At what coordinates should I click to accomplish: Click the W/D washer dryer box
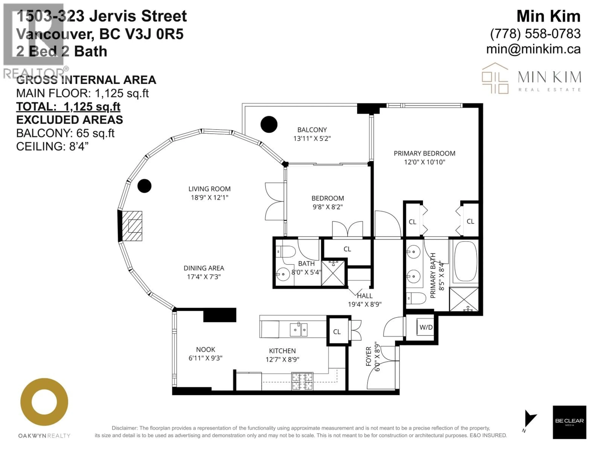pos(426,327)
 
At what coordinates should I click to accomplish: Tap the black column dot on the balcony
pos(269,124)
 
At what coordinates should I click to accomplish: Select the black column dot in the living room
pos(144,186)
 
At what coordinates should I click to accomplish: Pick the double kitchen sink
pos(298,330)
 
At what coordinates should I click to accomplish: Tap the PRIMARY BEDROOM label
pos(424,153)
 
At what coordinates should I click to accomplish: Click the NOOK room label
pos(206,349)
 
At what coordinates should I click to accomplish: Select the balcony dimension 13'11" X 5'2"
pos(312,138)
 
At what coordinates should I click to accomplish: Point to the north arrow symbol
pos(529,419)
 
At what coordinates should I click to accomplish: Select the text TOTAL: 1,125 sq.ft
pos(68,107)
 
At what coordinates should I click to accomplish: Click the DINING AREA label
pos(204,268)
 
